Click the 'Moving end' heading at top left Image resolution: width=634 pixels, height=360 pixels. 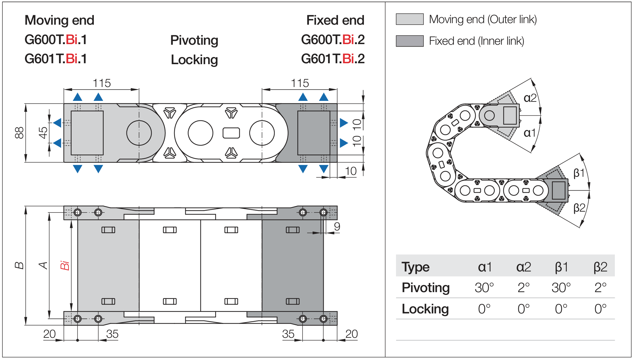point(59,20)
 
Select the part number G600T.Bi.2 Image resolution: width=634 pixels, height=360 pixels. point(333,40)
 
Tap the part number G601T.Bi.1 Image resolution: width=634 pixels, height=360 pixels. point(56,59)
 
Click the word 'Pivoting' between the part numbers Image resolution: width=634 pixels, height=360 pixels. point(194,40)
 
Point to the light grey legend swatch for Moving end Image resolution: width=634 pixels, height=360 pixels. point(410,19)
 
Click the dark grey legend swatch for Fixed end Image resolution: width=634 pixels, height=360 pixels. point(410,41)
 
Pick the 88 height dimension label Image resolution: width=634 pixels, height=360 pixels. point(19,133)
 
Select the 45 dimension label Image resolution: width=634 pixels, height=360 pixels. point(43,133)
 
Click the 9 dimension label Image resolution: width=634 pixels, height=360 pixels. point(337,226)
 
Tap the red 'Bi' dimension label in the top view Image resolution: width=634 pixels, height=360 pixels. point(65,265)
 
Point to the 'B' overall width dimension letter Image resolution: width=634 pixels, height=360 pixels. point(19,265)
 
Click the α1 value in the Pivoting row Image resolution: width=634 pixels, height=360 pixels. point(484,288)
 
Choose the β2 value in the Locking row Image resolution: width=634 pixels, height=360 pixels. point(600,309)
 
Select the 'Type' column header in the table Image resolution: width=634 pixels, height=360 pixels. point(415,267)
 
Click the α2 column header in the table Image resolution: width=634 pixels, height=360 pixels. point(523,267)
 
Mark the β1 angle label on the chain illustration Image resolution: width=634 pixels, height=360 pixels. point(579,173)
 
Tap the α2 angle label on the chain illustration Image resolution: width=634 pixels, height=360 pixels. point(530,98)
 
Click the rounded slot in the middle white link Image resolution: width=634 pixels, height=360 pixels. point(231,133)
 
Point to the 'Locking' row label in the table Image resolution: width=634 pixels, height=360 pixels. point(425,309)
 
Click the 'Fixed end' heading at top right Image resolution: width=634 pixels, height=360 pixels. point(335,20)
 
